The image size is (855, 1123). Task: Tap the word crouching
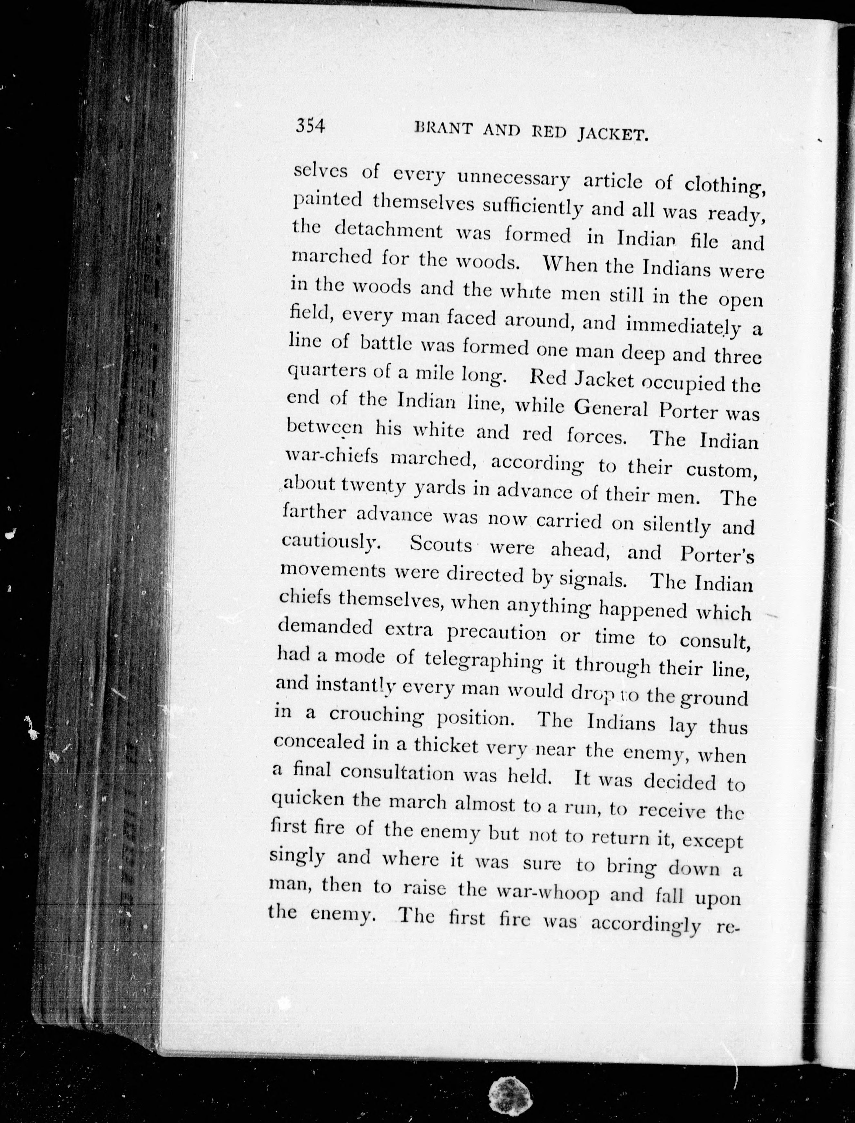point(376,715)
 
